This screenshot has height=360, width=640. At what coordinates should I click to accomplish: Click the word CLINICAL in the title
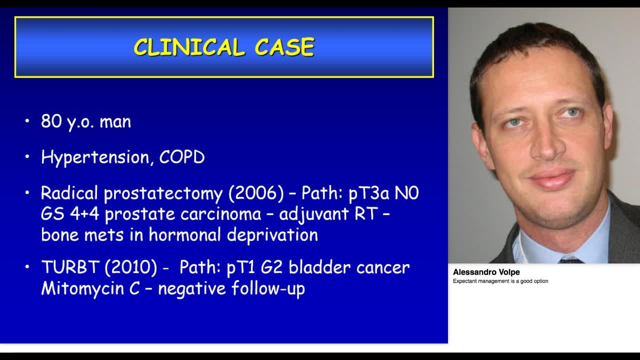(x=189, y=47)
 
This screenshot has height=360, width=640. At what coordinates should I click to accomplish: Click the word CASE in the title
(x=284, y=47)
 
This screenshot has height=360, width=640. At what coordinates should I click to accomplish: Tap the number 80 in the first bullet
(x=51, y=121)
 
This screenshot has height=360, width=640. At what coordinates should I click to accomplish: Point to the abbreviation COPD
(x=182, y=157)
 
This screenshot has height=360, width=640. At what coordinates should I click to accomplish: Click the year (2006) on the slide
(x=256, y=193)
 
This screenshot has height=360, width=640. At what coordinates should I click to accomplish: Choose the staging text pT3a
(x=369, y=193)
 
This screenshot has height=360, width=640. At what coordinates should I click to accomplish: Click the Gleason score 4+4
(x=84, y=214)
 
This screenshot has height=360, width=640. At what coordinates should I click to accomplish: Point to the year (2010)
(x=131, y=267)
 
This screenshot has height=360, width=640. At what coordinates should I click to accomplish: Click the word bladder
(x=319, y=267)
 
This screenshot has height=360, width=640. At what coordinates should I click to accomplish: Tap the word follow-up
(x=268, y=288)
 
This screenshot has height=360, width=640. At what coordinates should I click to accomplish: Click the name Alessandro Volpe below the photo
(x=486, y=272)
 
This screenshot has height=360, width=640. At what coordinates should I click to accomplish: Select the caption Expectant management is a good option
(x=500, y=281)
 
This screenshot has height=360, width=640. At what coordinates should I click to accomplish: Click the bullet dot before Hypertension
(x=27, y=157)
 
